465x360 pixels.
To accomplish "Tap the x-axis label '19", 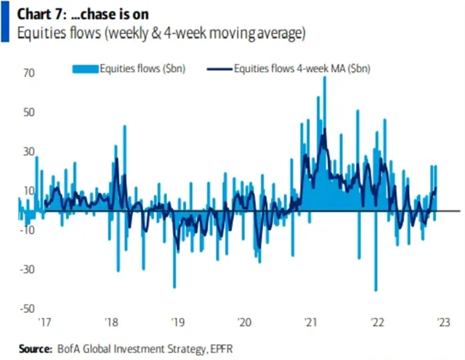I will pos(177,324).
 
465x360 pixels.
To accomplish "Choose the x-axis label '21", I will pos(311,324).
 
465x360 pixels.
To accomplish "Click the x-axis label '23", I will pos(445,324).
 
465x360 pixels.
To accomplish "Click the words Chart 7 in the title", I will pos(28,12).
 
